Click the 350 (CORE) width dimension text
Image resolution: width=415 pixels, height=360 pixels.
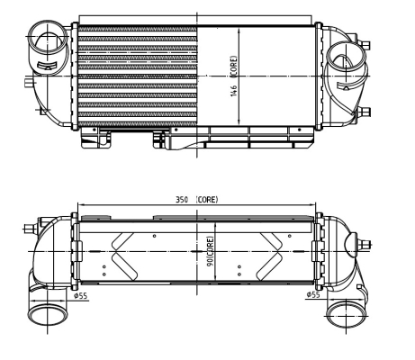tap(197, 198)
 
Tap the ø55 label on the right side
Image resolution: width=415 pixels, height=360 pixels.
tap(314, 294)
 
